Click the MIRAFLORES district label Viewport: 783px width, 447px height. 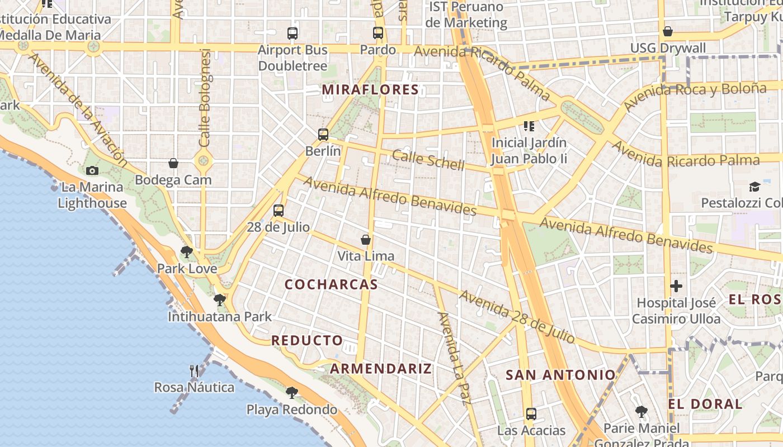[370, 89]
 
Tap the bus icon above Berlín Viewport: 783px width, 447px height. [323, 135]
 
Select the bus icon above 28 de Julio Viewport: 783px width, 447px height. [279, 211]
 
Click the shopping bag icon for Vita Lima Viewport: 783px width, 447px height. [366, 240]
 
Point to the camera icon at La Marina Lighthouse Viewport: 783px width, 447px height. [92, 170]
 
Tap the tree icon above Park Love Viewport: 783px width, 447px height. [187, 252]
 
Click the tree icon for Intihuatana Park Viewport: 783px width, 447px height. [220, 300]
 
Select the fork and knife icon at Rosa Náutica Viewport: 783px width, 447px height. [194, 370]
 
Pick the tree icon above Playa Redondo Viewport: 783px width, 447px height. [291, 392]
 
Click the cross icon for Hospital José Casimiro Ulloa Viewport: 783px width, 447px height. [676, 287]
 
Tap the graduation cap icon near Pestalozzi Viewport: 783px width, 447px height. [754, 186]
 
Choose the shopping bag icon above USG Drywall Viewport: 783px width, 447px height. [667, 31]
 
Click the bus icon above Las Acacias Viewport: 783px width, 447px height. [531, 414]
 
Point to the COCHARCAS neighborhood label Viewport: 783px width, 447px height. [331, 284]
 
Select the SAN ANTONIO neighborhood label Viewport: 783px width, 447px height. [560, 375]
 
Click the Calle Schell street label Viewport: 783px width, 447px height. [428, 159]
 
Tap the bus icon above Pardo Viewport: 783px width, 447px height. [378, 33]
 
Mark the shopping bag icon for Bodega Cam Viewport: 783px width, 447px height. [173, 163]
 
